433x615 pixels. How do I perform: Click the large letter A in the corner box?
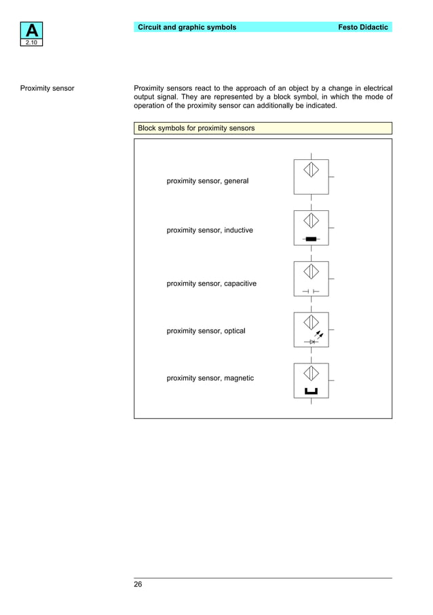click(33, 31)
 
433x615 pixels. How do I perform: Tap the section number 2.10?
click(33, 43)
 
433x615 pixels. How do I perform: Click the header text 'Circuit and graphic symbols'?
click(187, 27)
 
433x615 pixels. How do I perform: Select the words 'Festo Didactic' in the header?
click(363, 27)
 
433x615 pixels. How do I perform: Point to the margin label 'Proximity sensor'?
click(47, 88)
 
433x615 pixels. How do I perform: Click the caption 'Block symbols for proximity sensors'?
click(196, 127)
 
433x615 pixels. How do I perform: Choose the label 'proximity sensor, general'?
click(208, 181)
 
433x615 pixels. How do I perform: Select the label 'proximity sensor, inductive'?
click(210, 231)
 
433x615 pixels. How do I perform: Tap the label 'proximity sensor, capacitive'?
click(212, 283)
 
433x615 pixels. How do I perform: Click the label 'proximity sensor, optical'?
click(206, 331)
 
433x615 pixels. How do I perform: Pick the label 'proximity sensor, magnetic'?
click(210, 378)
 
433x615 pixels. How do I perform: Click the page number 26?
click(138, 584)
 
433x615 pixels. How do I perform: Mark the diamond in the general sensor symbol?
click(311, 170)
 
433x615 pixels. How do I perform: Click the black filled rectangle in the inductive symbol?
click(311, 239)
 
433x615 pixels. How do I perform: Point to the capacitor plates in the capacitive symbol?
click(311, 291)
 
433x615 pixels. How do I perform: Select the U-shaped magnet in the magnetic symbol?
click(311, 391)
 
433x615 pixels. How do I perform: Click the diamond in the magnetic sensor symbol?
click(311, 373)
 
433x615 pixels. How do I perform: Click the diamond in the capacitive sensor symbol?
click(311, 271)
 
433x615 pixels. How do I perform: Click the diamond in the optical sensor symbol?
click(311, 322)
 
